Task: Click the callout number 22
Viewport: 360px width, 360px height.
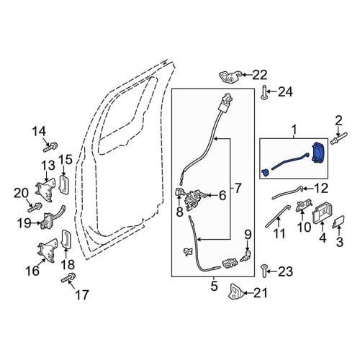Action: click(x=260, y=75)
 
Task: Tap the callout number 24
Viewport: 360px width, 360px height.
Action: click(x=285, y=92)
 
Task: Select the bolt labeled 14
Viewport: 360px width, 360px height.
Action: click(x=50, y=147)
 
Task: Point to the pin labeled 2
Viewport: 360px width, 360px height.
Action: click(x=338, y=140)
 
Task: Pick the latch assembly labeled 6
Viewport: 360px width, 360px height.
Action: click(x=195, y=200)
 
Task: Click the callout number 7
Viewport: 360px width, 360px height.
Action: click(x=238, y=188)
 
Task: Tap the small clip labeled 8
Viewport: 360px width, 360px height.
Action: click(x=179, y=192)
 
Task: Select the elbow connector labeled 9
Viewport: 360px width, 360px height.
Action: click(x=246, y=256)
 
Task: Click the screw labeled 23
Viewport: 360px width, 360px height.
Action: click(x=264, y=271)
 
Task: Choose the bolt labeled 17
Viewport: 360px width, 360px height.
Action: click(x=68, y=278)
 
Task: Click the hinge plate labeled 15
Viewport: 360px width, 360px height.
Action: click(x=64, y=184)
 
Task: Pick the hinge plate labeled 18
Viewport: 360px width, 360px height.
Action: click(x=67, y=238)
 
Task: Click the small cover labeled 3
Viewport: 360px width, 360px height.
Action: click(x=338, y=222)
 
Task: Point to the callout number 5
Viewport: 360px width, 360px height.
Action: click(x=215, y=286)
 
